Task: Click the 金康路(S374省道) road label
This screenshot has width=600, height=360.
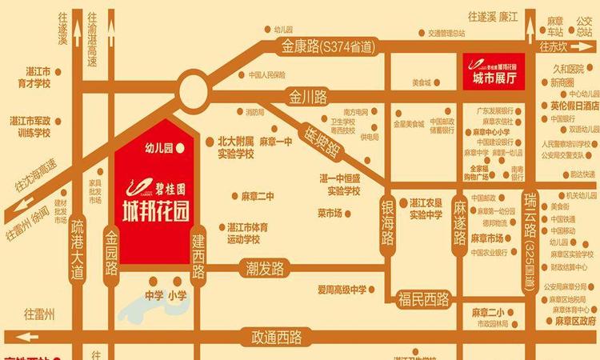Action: pyautogui.click(x=327, y=48)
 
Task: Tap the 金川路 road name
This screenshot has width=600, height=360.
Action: pyautogui.click(x=309, y=98)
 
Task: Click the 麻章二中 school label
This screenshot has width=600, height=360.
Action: pyautogui.click(x=258, y=196)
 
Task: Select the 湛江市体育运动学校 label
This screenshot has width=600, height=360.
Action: pyautogui.click(x=247, y=233)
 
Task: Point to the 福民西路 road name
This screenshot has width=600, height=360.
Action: pyautogui.click(x=423, y=300)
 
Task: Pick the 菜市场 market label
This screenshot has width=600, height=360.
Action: pyautogui.click(x=330, y=214)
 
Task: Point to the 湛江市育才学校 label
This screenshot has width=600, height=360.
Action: pyautogui.click(x=30, y=77)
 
